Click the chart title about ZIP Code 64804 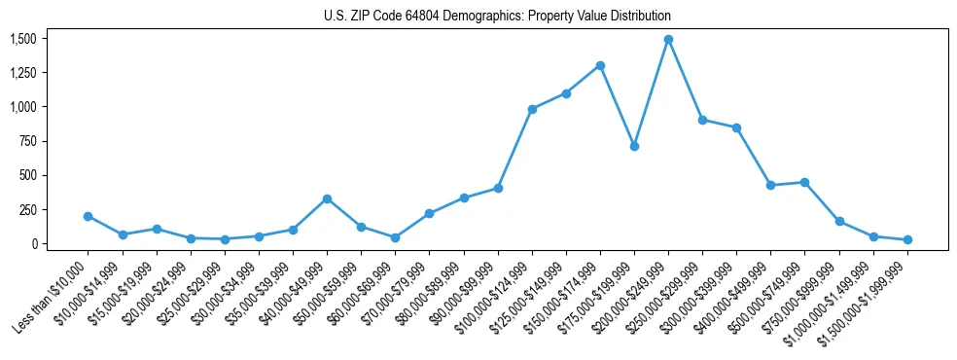(x=497, y=17)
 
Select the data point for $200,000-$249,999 (x=668, y=40)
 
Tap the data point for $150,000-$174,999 (x=600, y=66)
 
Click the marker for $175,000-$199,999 (x=634, y=146)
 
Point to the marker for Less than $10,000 (x=89, y=216)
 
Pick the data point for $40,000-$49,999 (x=327, y=198)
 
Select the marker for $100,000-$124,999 (x=532, y=109)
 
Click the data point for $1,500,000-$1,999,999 (x=907, y=239)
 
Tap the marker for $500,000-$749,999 (x=804, y=182)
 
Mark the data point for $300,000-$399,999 (x=736, y=127)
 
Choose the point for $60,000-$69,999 (x=395, y=237)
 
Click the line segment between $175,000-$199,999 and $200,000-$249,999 (x=652, y=92)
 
